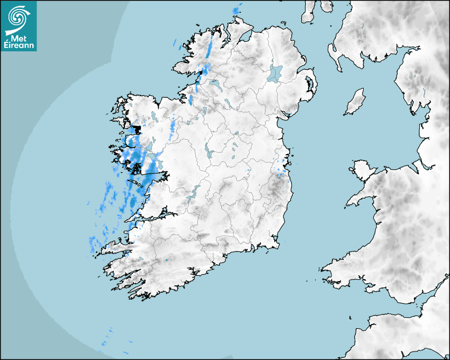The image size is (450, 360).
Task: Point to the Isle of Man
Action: [x=355, y=102]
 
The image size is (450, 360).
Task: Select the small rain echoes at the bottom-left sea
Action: [x=109, y=339]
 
